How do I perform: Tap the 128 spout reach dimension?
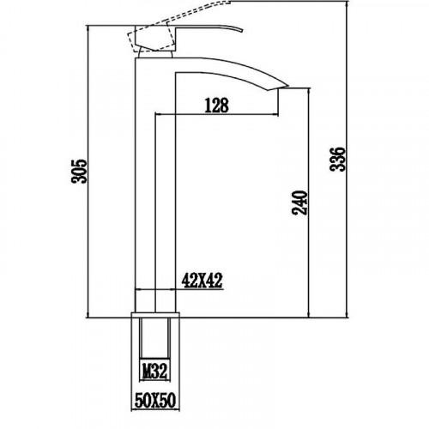217,106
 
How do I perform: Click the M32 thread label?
155,371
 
